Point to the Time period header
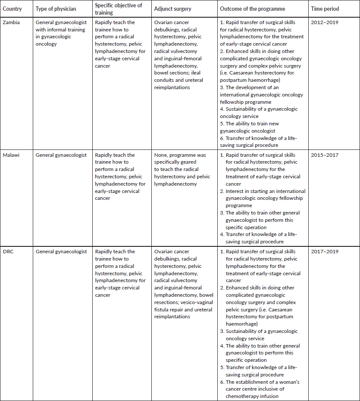[324, 9]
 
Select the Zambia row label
[12, 22]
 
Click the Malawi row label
[12, 155]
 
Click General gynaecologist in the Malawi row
[61, 155]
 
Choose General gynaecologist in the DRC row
[61, 252]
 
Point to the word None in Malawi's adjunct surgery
[161, 155]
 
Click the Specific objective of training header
[118, 9]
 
